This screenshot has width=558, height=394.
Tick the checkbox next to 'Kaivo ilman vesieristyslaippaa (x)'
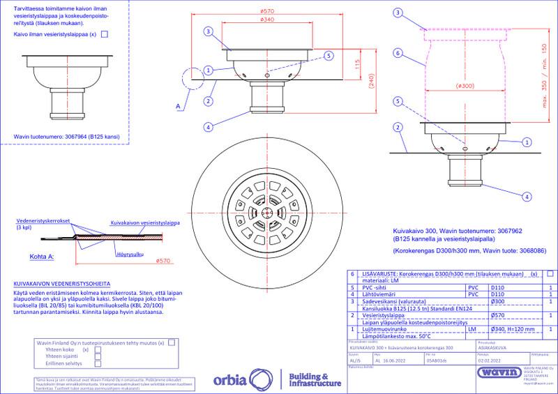click(105, 33)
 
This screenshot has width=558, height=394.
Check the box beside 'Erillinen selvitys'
click(98, 363)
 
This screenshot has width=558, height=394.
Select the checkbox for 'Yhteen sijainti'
click(98, 356)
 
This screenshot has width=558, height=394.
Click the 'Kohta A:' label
click(43, 257)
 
